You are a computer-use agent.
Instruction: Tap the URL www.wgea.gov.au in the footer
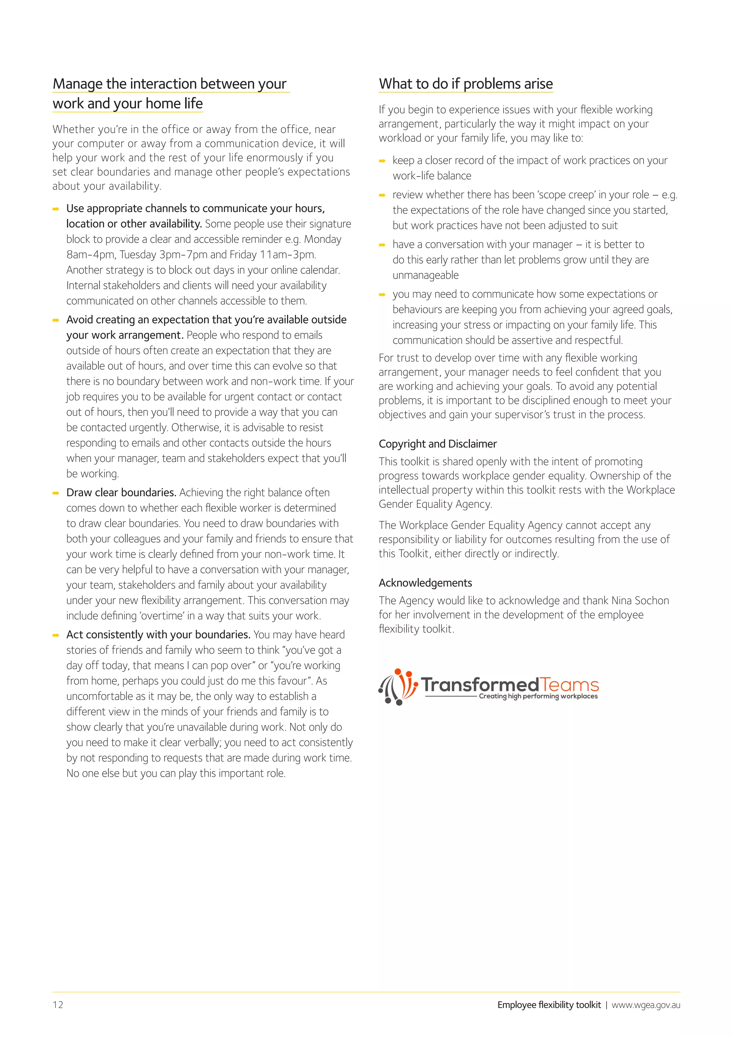coord(646,1005)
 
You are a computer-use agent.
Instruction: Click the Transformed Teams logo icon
coord(397,686)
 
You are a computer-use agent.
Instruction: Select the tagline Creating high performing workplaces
coord(538,696)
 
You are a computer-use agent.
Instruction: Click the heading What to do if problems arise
coord(465,84)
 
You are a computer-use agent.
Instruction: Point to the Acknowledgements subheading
coord(425,583)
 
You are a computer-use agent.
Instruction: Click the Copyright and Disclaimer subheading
coord(437,444)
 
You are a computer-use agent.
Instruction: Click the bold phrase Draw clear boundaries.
coord(121,492)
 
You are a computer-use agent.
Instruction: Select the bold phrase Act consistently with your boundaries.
coord(158,635)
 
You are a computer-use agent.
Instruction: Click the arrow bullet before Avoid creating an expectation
coord(56,320)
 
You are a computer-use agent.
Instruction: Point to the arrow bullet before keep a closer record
coord(382,161)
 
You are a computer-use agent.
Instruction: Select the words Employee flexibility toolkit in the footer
coord(549,1005)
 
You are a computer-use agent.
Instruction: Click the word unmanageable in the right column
coord(425,275)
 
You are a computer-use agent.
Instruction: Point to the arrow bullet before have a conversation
coord(382,245)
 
